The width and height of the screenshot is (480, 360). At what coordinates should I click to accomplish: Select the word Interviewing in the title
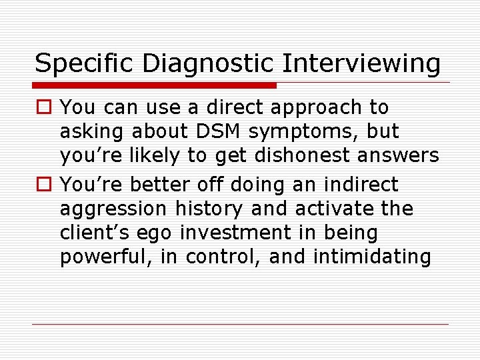[362, 64]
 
